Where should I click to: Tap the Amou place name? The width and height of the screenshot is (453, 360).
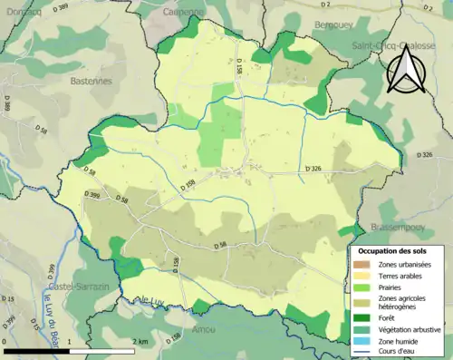(x=206, y=330)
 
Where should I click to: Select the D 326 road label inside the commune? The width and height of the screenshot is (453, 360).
(x=314, y=169)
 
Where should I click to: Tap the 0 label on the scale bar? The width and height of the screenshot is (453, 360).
(x=5, y=341)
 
